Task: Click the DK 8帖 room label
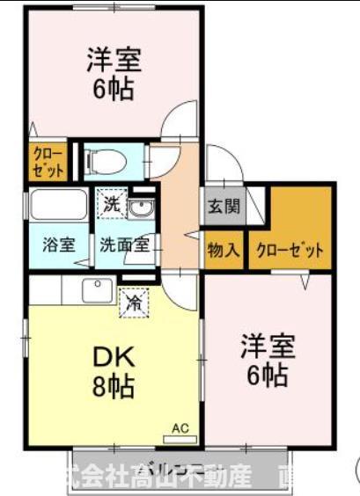[x=114, y=368]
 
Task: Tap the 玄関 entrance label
[x=223, y=208]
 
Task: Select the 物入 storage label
[x=224, y=250]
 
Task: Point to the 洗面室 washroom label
[x=122, y=245]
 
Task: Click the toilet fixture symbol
[x=107, y=160]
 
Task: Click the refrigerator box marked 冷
[x=135, y=302]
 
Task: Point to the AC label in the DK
[x=180, y=427]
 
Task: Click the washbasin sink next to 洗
[x=141, y=208]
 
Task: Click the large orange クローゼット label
[x=290, y=250]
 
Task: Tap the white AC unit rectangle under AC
[x=180, y=437]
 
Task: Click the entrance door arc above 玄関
[x=222, y=168]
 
